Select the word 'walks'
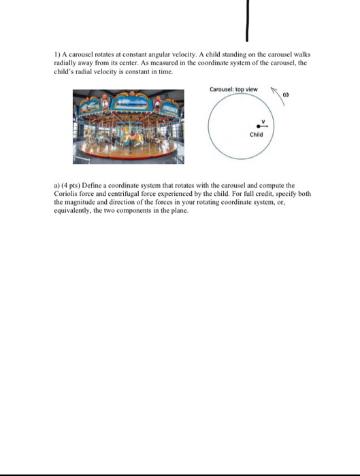[x=301, y=54]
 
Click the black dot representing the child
[x=258, y=126]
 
